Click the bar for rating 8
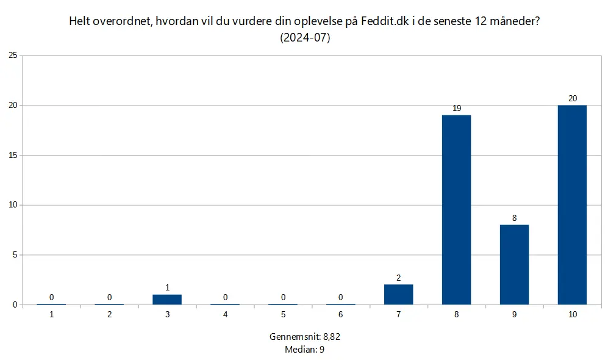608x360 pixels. click(x=456, y=209)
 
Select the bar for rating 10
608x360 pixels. click(x=572, y=204)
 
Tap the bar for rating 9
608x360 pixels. click(x=514, y=264)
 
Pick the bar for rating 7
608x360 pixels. click(x=398, y=294)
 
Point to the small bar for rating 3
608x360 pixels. click(x=167, y=299)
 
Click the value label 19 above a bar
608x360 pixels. click(x=456, y=108)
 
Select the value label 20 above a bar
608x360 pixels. click(x=572, y=98)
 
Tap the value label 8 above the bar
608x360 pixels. click(x=514, y=218)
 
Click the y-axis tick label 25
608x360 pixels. click(x=13, y=56)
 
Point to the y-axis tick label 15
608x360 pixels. click(x=13, y=155)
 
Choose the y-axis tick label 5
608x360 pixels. click(x=15, y=254)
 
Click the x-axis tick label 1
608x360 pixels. click(x=51, y=315)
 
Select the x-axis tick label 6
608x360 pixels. click(x=340, y=315)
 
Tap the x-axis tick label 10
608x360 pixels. click(x=572, y=315)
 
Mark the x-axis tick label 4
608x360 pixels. click(x=225, y=315)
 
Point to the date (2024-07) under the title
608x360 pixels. click(x=305, y=37)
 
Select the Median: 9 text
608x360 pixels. click(x=304, y=350)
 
